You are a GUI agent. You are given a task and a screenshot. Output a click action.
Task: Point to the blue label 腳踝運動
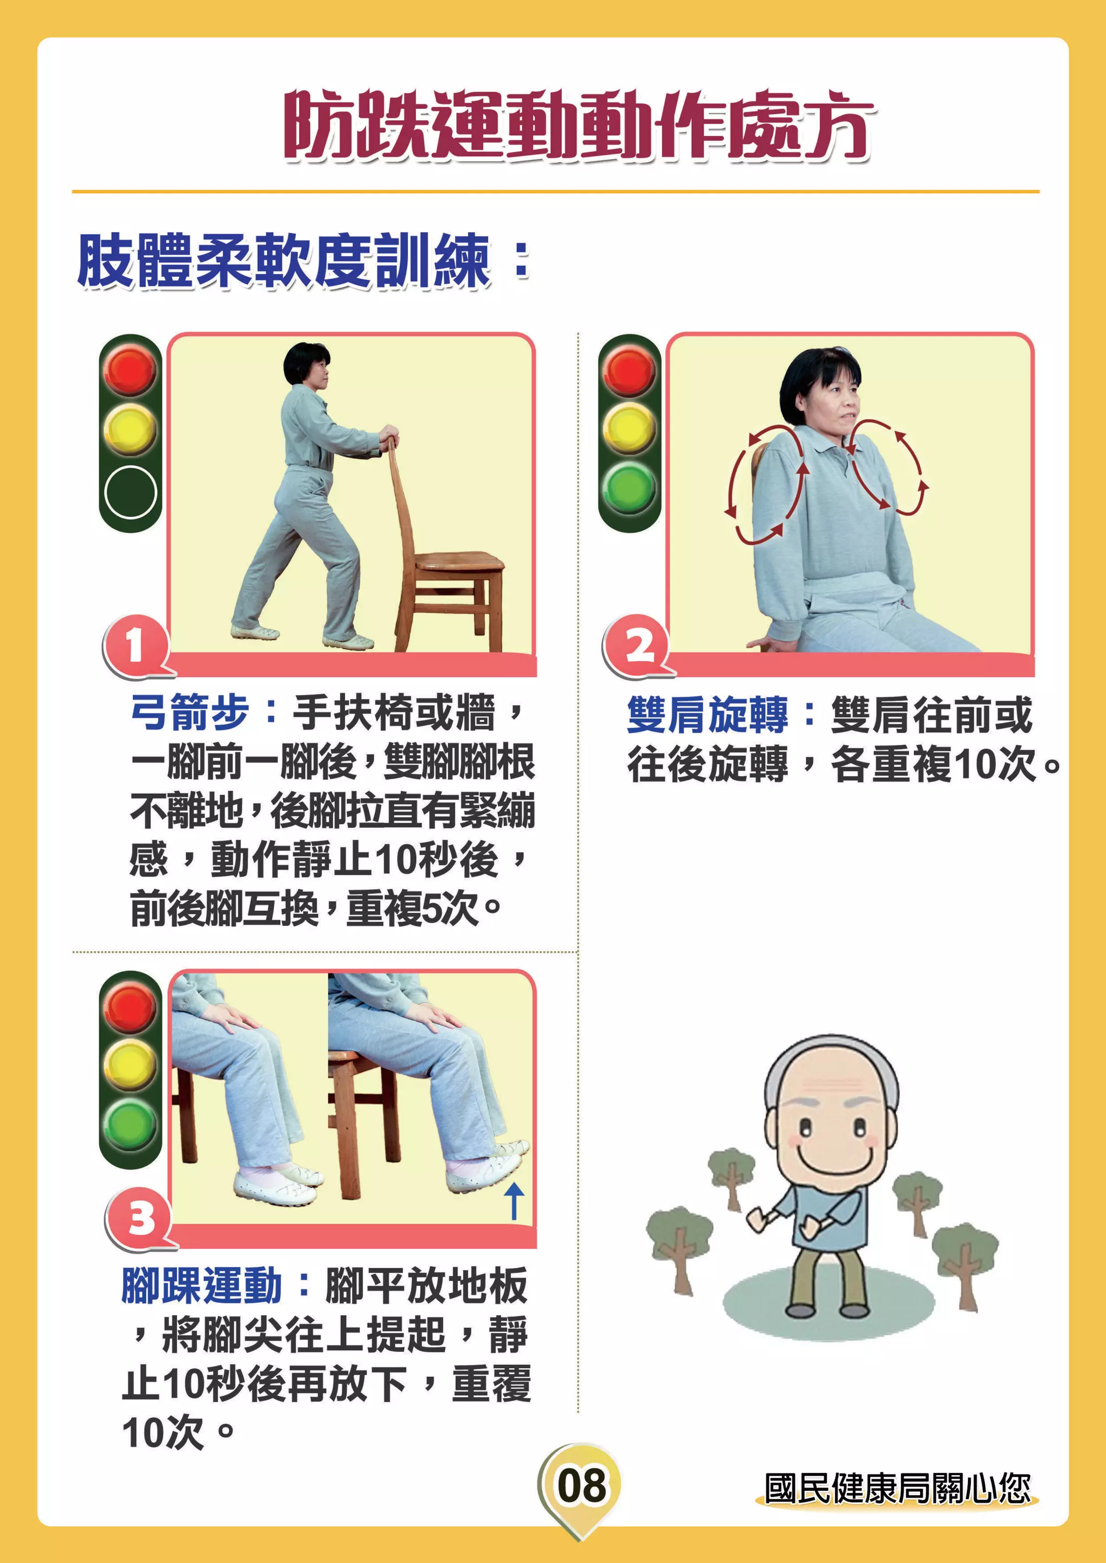coord(201,1286)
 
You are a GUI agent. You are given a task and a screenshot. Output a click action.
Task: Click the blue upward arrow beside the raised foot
coord(514,1200)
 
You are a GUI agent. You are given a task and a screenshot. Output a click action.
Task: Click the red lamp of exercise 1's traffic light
coord(130,370)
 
